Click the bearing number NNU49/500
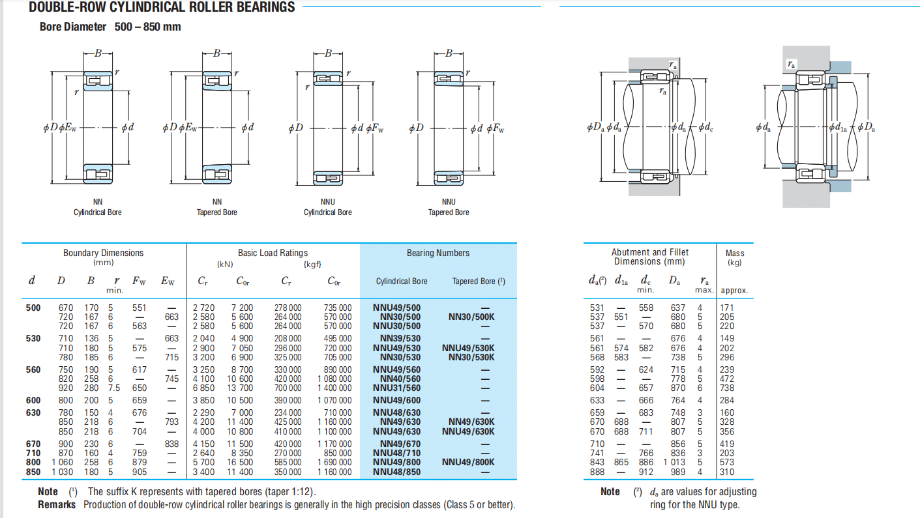pyautogui.click(x=396, y=308)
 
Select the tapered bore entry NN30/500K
pyautogui.click(x=471, y=317)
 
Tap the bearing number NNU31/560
pyautogui.click(x=396, y=388)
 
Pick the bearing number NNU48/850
pyautogui.click(x=396, y=472)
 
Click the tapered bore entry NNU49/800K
pyautogui.click(x=468, y=463)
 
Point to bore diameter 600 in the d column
pyautogui.click(x=33, y=400)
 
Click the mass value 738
pyautogui.click(x=727, y=388)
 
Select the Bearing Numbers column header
pyautogui.click(x=438, y=253)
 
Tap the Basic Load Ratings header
pyautogui.click(x=273, y=253)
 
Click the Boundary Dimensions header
pyautogui.click(x=103, y=253)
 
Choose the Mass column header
pyautogui.click(x=734, y=253)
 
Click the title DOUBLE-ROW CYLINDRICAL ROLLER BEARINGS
pyautogui.click(x=162, y=8)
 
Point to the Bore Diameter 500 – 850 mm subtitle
pyautogui.click(x=110, y=27)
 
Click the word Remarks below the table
pyautogui.click(x=57, y=504)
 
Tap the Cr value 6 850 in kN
pyautogui.click(x=203, y=388)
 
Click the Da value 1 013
pyautogui.click(x=674, y=463)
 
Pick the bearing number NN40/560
pyautogui.click(x=396, y=379)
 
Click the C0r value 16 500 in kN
pyautogui.click(x=240, y=463)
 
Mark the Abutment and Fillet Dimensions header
pyautogui.click(x=649, y=257)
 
